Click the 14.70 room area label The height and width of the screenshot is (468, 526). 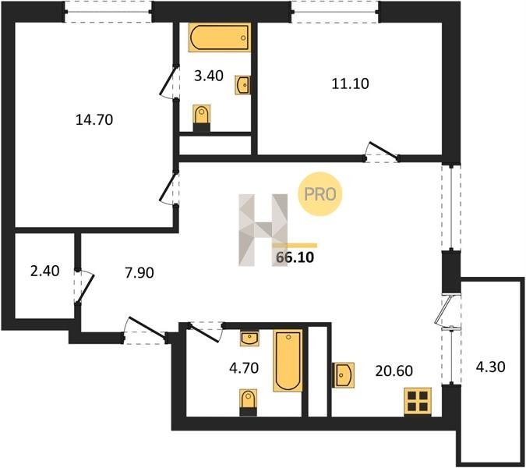click(94, 120)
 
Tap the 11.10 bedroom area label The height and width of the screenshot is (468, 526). click(350, 83)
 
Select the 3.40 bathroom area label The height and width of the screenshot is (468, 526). click(209, 76)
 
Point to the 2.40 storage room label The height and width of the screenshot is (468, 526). click(45, 271)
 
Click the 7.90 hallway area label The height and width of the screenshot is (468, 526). click(139, 272)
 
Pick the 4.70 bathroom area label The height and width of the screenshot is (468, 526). click(244, 368)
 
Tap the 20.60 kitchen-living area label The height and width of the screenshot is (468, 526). click(394, 371)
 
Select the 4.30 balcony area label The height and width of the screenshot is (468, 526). click(490, 367)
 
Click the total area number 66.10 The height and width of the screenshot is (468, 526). click(295, 257)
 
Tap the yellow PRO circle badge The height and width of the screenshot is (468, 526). click(319, 193)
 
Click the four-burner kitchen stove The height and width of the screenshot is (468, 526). click(418, 402)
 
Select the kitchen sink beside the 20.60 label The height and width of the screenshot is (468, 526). click(343, 375)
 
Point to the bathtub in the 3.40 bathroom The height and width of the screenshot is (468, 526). click(220, 37)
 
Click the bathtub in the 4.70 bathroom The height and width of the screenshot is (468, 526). click(288, 360)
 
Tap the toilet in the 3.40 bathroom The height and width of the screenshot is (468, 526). click(202, 118)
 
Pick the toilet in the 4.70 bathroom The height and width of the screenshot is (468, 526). click(249, 402)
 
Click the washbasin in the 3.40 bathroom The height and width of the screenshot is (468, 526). click(242, 85)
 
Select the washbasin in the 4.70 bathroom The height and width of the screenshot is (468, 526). click(249, 338)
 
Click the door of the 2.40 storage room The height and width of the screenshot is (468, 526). click(84, 286)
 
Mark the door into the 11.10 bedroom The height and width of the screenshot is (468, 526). click(382, 152)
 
